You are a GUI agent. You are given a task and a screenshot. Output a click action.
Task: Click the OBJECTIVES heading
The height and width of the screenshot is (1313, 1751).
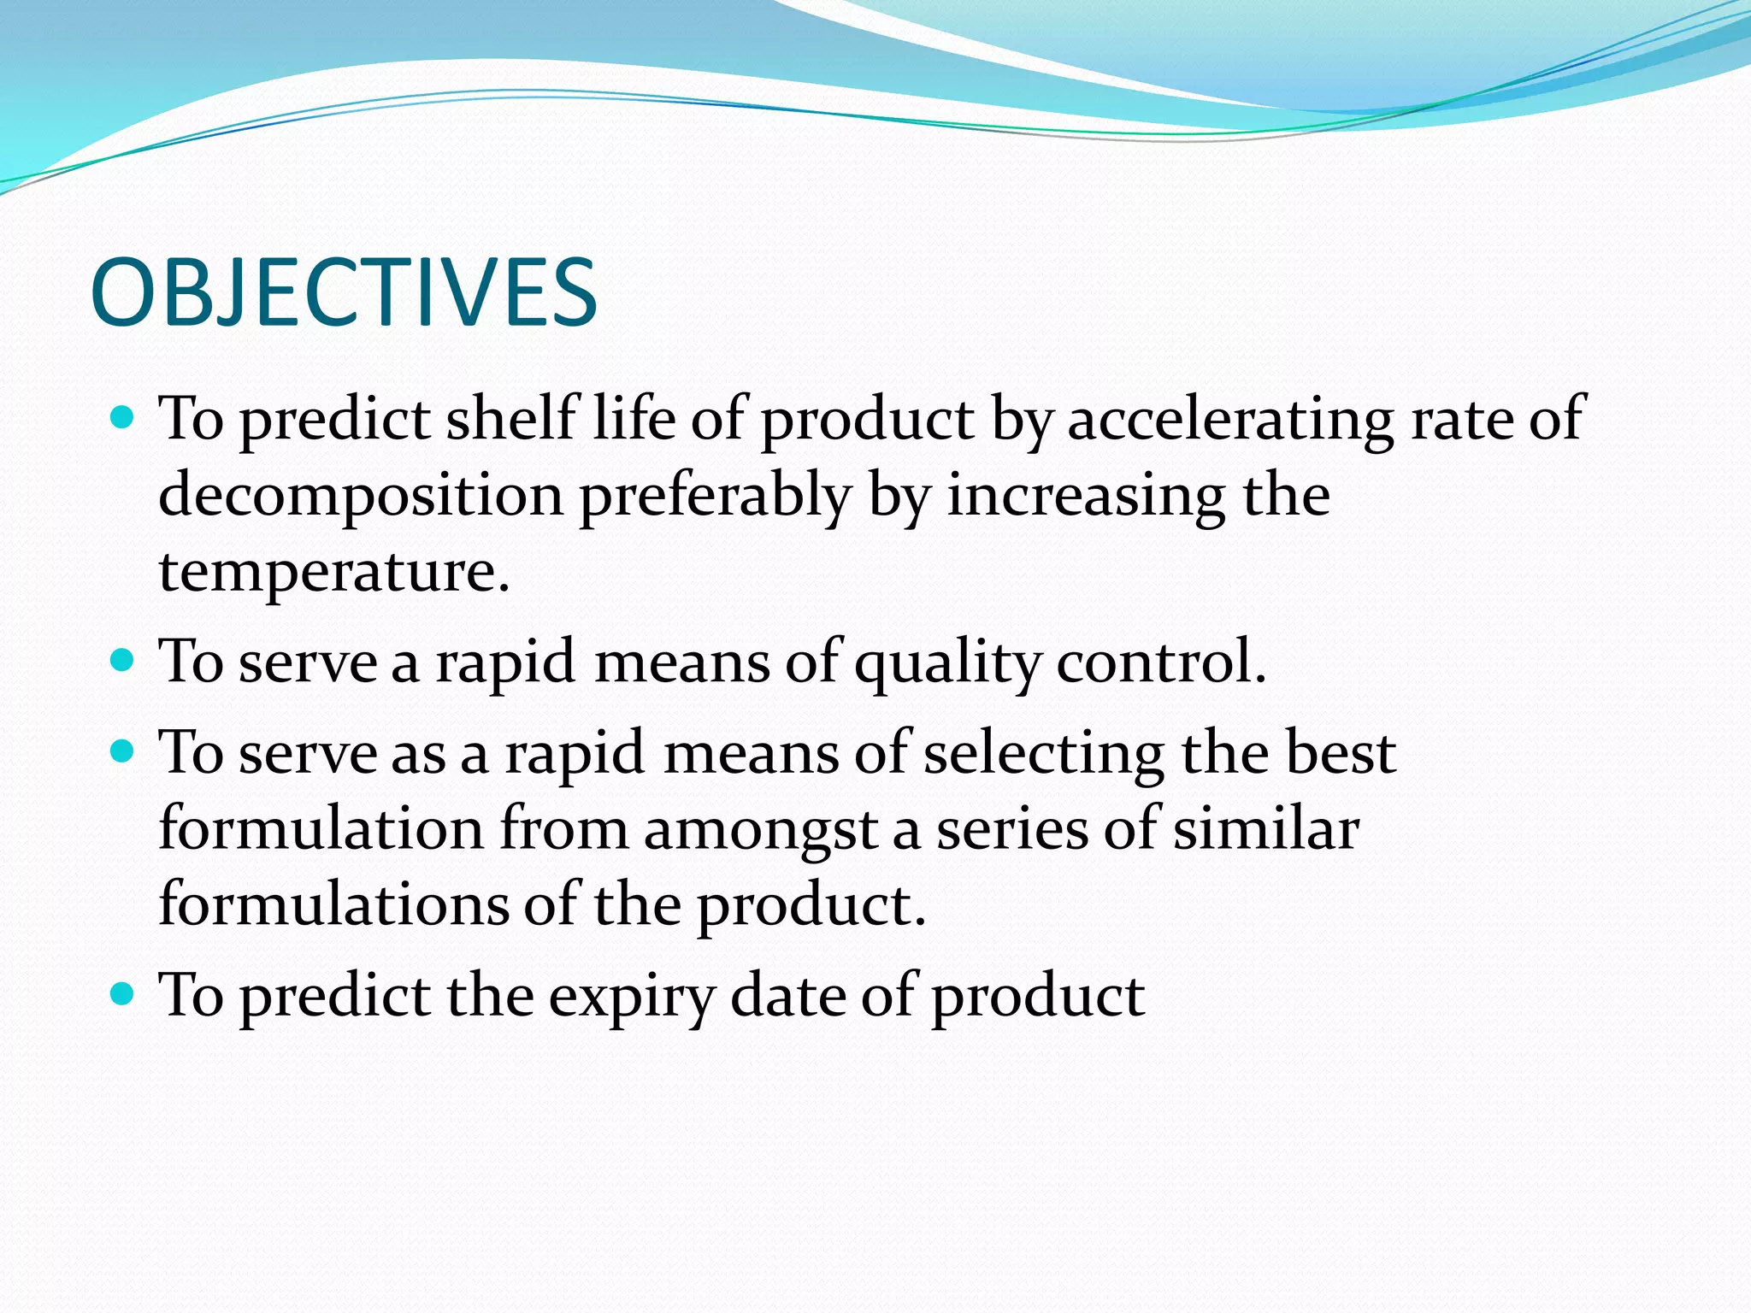344,293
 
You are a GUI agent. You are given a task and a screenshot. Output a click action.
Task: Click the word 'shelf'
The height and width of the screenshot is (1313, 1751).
511,419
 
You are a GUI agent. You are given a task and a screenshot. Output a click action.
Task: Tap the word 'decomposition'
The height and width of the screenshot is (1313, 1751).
361,497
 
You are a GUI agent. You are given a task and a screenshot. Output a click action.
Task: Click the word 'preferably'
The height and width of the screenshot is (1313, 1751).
715,497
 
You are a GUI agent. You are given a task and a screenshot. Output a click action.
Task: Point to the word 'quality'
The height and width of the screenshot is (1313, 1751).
946,663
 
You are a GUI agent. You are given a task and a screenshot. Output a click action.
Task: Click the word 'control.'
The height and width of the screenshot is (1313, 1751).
1160,662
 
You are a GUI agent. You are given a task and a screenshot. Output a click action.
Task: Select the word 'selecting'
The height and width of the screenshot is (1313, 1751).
1044,754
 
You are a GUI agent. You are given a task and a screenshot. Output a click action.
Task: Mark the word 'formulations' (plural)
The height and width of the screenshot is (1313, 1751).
333,904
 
